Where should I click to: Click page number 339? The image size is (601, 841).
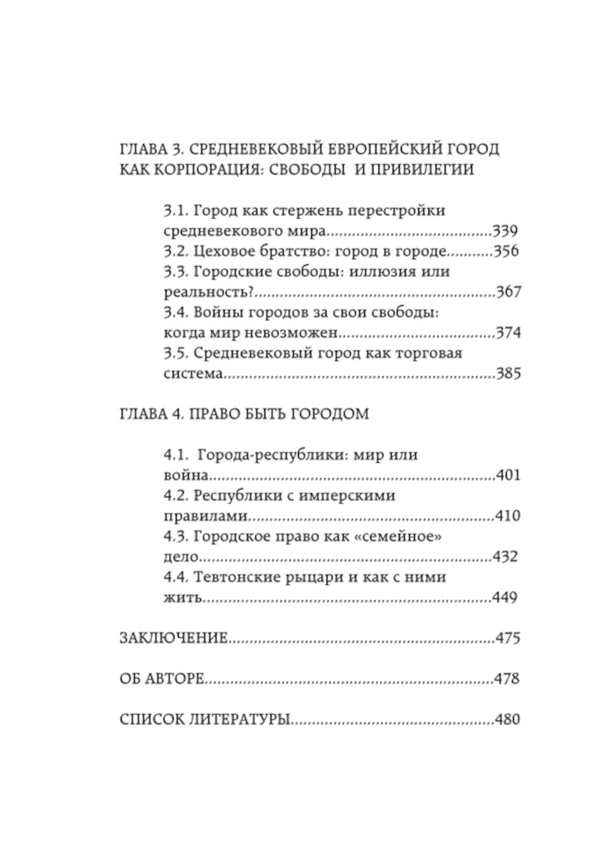tap(505, 231)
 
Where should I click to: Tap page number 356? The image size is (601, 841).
tap(505, 251)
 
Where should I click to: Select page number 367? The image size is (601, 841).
tap(508, 293)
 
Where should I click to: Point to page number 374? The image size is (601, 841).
tap(507, 333)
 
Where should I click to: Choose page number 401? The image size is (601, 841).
tap(508, 476)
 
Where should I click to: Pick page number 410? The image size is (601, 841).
tap(507, 516)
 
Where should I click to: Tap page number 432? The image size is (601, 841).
tap(505, 557)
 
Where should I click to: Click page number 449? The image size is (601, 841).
tap(505, 598)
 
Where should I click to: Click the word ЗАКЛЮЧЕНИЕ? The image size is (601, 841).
tap(174, 638)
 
